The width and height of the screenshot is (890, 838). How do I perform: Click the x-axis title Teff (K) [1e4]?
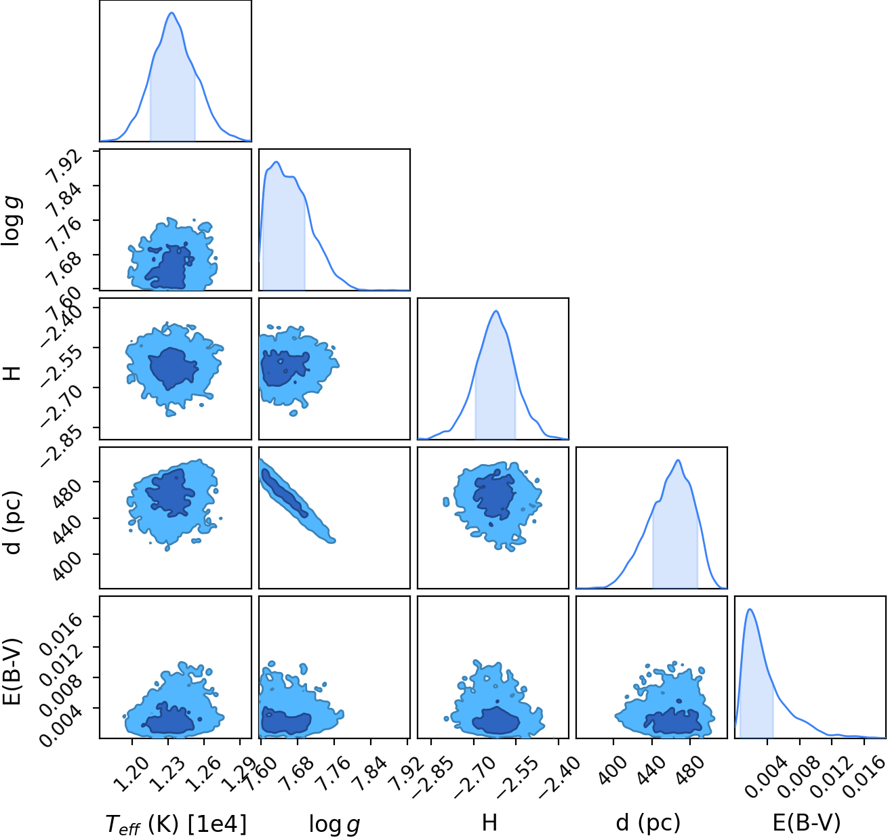176,823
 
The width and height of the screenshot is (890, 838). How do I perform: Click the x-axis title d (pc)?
648,822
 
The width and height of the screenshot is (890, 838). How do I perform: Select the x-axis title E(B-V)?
806,822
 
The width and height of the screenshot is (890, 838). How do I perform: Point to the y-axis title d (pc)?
14,522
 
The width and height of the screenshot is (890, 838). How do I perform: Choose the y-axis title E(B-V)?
14,671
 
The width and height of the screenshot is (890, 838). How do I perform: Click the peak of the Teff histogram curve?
172,13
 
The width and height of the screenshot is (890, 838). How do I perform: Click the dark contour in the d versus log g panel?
284,493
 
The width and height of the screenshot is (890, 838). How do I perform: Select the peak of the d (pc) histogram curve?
678,460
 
